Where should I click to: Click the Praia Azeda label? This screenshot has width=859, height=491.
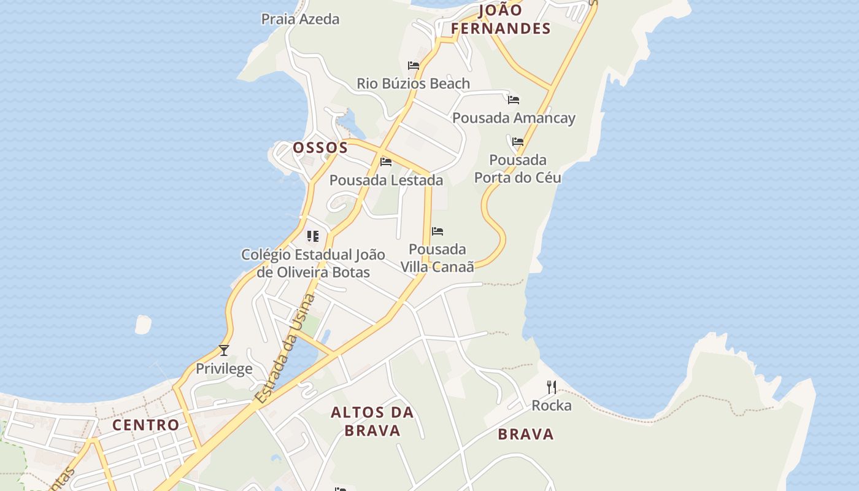click(300, 19)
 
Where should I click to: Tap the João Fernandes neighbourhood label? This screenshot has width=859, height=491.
click(501, 19)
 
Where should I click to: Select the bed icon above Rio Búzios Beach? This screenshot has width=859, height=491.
click(414, 66)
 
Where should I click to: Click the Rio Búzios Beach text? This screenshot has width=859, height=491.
click(413, 83)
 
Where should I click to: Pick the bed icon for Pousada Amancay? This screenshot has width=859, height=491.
click(514, 99)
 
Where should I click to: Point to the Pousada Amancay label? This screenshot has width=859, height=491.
click(514, 118)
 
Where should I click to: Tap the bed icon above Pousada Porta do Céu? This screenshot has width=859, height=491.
click(518, 142)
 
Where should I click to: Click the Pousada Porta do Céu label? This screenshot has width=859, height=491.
click(518, 169)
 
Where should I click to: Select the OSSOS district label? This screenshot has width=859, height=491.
click(320, 148)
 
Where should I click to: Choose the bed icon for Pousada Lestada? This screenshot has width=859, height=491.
click(386, 162)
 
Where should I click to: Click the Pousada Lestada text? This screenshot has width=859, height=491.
click(386, 180)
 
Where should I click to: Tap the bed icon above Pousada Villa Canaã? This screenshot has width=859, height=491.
click(437, 231)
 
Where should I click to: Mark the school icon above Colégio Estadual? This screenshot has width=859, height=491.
click(313, 236)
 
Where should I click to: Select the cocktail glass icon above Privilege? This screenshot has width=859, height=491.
click(224, 350)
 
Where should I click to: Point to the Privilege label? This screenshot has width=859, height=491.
click(224, 369)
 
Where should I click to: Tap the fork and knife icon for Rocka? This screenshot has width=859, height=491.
click(552, 387)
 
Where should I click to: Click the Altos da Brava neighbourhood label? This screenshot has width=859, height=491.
click(372, 422)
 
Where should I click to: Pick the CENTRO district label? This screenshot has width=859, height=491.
click(146, 425)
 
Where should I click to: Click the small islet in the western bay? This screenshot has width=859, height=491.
click(143, 325)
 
